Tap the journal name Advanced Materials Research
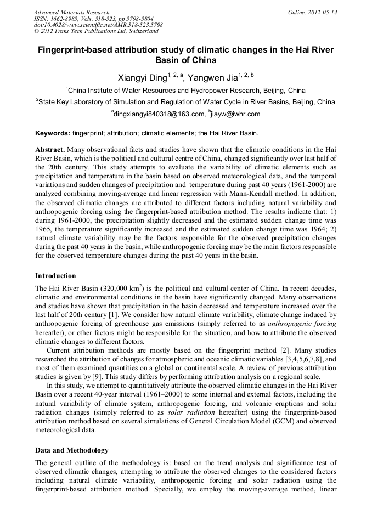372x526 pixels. [x=71, y=12]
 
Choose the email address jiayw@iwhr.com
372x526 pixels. [x=228, y=114]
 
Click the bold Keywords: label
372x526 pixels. [x=53, y=133]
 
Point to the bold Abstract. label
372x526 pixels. [x=50, y=149]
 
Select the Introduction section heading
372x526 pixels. [x=55, y=275]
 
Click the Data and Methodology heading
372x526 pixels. [x=72, y=450]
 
